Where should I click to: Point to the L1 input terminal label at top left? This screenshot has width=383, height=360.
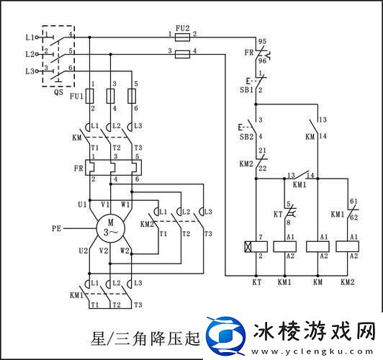click(29, 36)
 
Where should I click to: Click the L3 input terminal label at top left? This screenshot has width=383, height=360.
click(29, 71)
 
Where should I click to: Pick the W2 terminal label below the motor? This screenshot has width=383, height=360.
click(125, 251)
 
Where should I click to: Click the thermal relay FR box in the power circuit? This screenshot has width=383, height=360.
click(111, 167)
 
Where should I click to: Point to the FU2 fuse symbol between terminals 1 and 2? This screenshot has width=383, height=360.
click(183, 35)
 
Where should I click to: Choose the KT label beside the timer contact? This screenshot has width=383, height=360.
click(278, 215)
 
